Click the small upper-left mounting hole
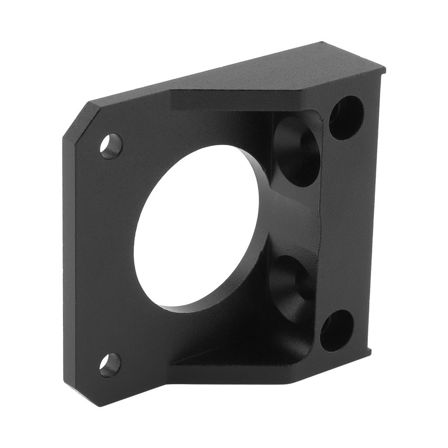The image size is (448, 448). click(x=111, y=146)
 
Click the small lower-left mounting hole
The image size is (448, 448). click(x=110, y=365)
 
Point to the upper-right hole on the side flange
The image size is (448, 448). click(x=346, y=117)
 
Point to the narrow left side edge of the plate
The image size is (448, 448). click(x=70, y=262)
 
